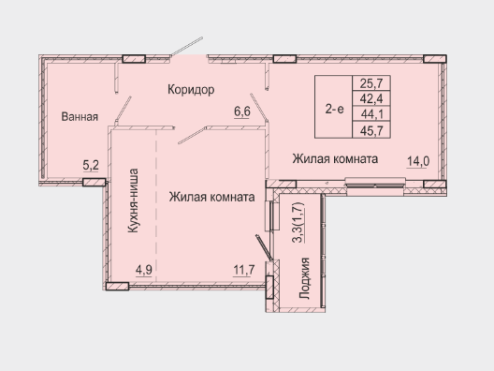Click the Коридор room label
coord(191,90)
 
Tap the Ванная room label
coord(80,117)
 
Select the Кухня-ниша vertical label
coord(133,200)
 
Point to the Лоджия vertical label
coord(305,278)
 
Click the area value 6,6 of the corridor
coord(242,111)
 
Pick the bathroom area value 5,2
coord(91,165)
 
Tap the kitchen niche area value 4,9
coord(144,271)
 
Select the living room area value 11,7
coord(244,271)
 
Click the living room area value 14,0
coord(418,161)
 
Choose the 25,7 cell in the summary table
coord(371,83)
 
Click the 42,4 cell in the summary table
coord(371,98)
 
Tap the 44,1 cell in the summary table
coord(371,114)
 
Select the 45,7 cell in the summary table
coord(371,130)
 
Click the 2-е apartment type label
coord(335,110)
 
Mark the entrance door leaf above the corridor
coord(186,47)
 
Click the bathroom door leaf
coord(123,110)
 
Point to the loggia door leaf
coord(263,247)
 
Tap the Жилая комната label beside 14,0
coord(335,158)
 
